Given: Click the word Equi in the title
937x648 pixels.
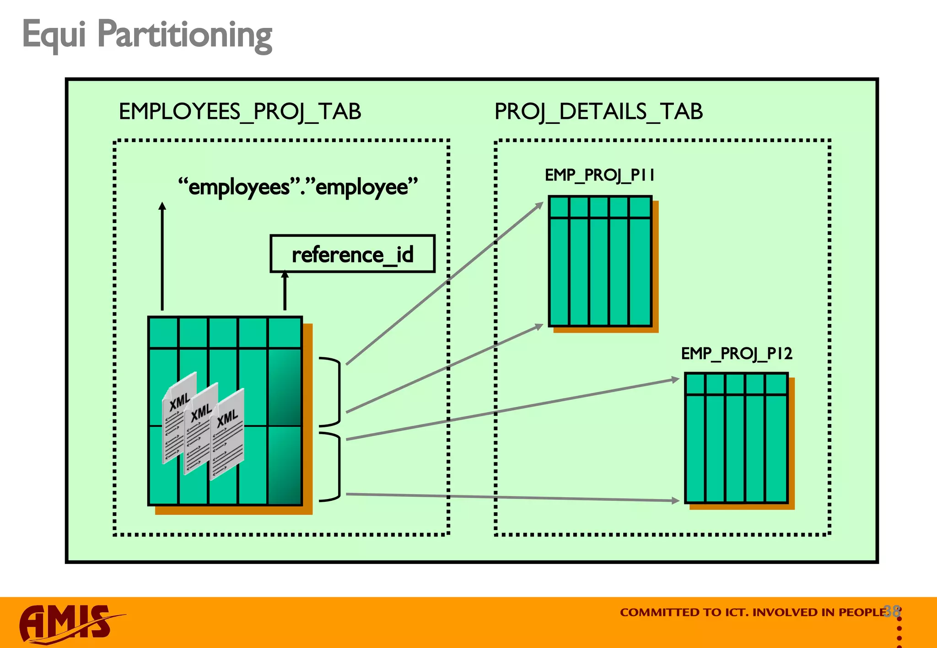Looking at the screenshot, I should (54, 35).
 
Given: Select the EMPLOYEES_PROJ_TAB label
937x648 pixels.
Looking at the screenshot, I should (240, 112).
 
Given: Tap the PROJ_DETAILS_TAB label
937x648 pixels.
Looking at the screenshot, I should (598, 112).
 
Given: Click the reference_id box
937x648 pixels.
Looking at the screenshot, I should (352, 254).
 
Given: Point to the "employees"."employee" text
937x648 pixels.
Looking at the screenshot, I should (298, 187).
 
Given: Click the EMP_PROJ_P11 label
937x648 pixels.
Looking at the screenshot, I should (599, 175).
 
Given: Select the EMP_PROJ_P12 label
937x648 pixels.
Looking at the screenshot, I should (736, 353).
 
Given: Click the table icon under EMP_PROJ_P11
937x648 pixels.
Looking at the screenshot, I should (600, 261).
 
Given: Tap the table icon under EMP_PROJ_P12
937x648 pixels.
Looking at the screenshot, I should (736, 438).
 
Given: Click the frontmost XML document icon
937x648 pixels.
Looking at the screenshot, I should (227, 434).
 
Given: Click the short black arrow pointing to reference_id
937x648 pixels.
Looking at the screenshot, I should (285, 291).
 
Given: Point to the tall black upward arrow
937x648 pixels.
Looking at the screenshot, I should (162, 256).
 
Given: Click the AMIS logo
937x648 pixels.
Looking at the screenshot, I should (69, 624).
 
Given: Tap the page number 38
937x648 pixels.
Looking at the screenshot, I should (892, 611).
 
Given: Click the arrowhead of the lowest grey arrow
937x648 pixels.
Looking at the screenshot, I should (675, 501).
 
